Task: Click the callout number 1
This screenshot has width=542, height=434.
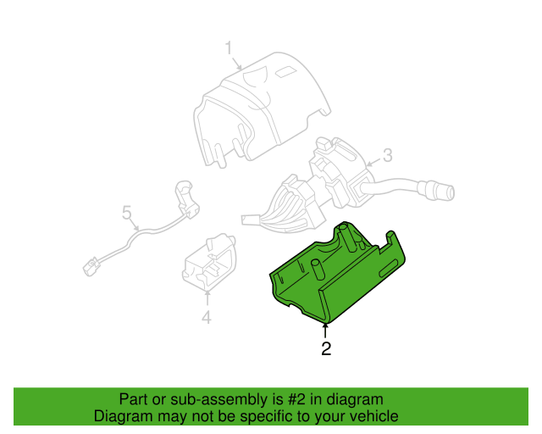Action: pyautogui.click(x=229, y=48)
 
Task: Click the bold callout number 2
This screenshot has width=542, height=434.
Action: pyautogui.click(x=326, y=348)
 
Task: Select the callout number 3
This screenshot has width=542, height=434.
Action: pyautogui.click(x=388, y=155)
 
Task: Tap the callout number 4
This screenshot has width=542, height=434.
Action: pyautogui.click(x=207, y=317)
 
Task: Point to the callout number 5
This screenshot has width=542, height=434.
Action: pyautogui.click(x=127, y=212)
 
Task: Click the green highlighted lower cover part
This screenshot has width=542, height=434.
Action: pyautogui.click(x=337, y=274)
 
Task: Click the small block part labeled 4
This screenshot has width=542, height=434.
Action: pyautogui.click(x=209, y=262)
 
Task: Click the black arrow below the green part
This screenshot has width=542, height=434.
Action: pyautogui.click(x=325, y=331)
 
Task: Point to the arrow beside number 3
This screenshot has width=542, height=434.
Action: pyautogui.click(x=373, y=162)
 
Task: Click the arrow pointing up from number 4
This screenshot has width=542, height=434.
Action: pyautogui.click(x=207, y=298)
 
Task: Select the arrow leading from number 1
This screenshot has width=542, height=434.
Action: pyautogui.click(x=237, y=64)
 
